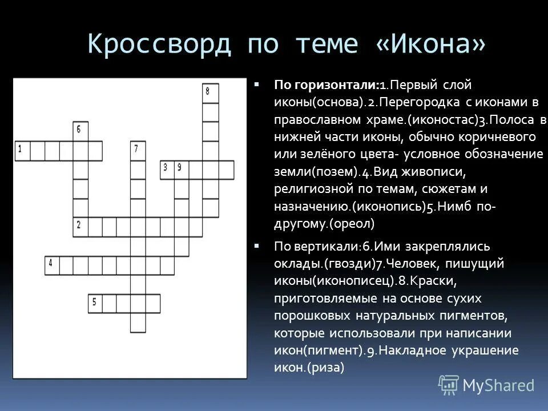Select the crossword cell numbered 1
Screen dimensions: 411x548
[x=22, y=150]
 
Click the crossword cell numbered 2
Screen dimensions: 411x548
[x=80, y=227]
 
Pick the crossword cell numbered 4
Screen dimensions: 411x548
[x=52, y=265]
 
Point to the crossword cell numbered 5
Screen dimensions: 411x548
[x=95, y=303]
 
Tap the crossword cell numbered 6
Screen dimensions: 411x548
[x=80, y=131]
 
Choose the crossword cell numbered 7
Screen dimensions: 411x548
[x=138, y=150]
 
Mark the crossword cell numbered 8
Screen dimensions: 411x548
[x=210, y=92]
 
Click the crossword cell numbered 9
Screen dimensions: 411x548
[x=182, y=169]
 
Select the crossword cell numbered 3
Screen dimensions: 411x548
[x=167, y=169]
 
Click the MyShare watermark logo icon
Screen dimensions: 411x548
[x=449, y=386]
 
